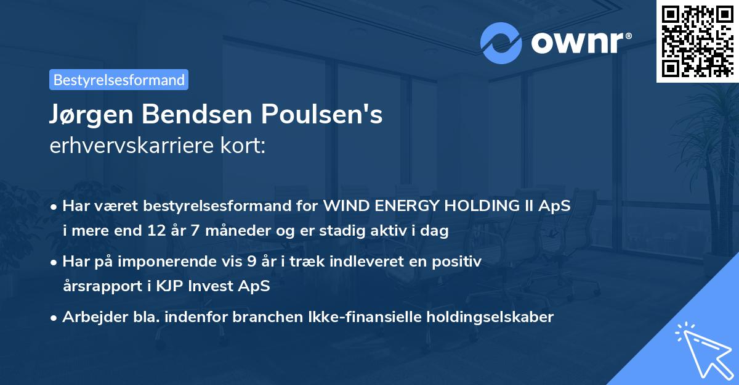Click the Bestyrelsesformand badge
[x=119, y=80]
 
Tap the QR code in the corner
[x=697, y=41]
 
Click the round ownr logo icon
[x=501, y=43]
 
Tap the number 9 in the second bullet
[x=251, y=262]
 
